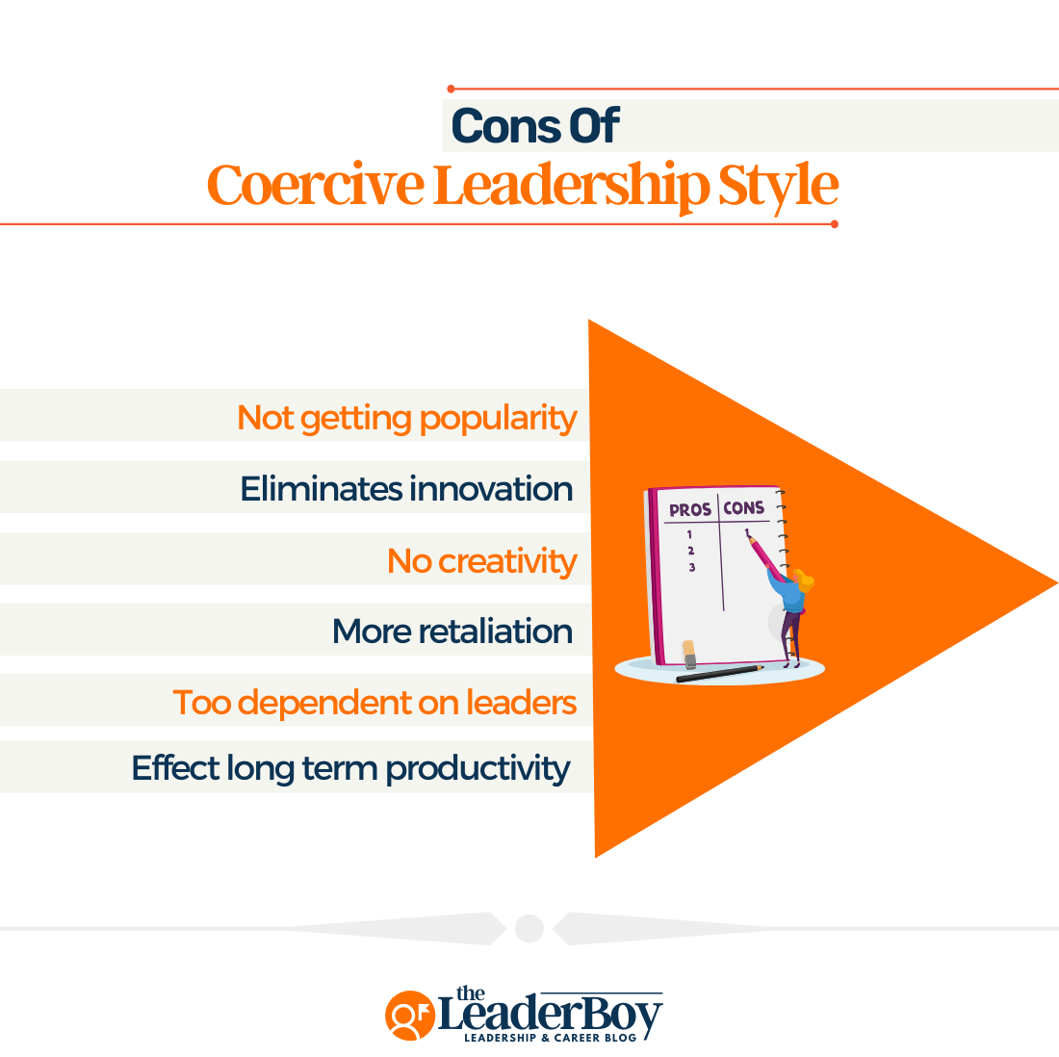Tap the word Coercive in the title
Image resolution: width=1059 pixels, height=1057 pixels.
tap(315, 185)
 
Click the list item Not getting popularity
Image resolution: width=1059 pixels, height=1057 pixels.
tap(406, 418)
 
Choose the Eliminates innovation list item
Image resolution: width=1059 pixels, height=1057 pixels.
tap(406, 489)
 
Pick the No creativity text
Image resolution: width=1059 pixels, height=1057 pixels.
tap(481, 560)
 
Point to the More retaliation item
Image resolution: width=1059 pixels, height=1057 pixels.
tap(452, 632)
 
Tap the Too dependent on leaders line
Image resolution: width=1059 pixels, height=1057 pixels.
tap(375, 703)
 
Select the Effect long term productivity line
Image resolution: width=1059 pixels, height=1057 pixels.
tap(350, 768)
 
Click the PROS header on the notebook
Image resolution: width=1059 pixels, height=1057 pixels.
tap(689, 509)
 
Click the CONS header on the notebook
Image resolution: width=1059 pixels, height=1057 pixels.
tap(744, 507)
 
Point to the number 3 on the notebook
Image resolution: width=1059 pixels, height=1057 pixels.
tap(691, 568)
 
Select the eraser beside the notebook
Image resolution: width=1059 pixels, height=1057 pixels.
tap(688, 654)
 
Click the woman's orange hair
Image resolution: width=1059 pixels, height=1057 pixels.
tap(802, 580)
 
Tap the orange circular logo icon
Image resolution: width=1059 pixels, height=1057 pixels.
tap(409, 1016)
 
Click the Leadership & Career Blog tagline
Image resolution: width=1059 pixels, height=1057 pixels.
tap(545, 1038)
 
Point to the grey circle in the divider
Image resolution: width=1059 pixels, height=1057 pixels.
tap(529, 928)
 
